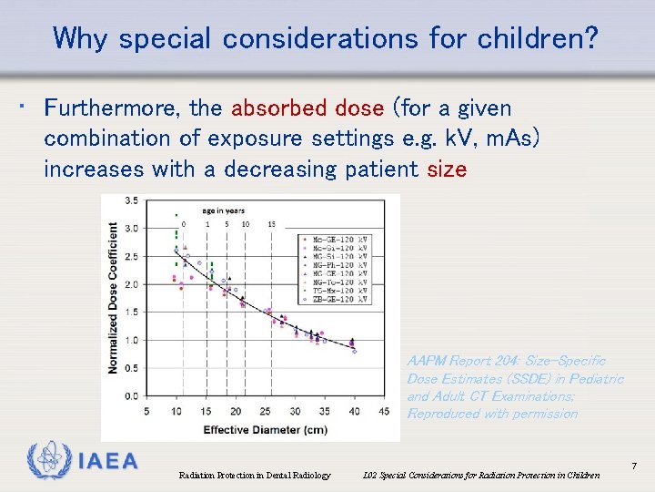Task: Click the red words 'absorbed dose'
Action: (307, 108)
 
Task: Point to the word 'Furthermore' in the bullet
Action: (113, 108)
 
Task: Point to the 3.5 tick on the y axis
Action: (132, 200)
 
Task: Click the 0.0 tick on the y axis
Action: (132, 396)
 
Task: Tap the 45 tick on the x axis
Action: (383, 412)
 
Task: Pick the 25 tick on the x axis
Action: (265, 412)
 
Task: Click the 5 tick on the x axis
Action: (147, 412)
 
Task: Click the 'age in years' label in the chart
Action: (224, 210)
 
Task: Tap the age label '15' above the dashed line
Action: (272, 223)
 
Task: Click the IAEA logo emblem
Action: (47, 461)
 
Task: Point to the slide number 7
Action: (633, 466)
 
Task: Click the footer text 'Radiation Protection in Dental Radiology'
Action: (255, 475)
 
